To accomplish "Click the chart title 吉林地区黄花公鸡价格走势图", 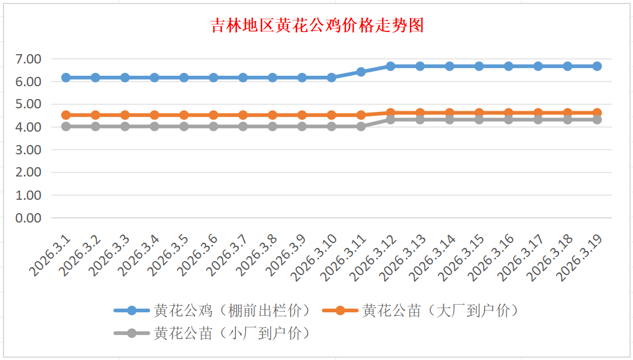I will tap(317, 26).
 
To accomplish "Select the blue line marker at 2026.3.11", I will tap(361, 72).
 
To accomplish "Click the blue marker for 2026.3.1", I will tap(66, 77).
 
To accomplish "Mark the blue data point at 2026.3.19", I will tap(597, 66).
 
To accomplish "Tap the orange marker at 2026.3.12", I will tap(391, 113).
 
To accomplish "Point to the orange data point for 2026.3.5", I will tap(184, 115).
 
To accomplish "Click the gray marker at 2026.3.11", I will tap(361, 126).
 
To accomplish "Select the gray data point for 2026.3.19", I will tap(597, 119).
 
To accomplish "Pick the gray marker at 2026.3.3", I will tap(125, 126).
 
